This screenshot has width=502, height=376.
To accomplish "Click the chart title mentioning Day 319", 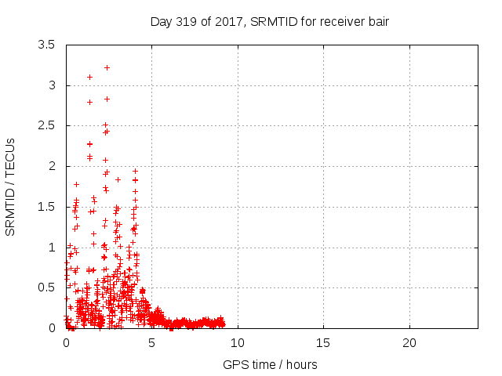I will coord(270,22).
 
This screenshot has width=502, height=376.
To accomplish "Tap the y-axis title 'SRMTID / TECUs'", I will coord(11,186).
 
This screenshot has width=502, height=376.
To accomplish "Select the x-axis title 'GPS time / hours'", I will coord(270,364).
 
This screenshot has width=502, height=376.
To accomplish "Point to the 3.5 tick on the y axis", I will coord(47,45).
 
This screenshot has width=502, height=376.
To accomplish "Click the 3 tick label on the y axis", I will coord(52,85).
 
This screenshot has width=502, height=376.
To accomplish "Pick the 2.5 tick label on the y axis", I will coord(47,125).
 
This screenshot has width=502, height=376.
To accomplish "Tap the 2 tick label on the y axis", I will coord(52,166).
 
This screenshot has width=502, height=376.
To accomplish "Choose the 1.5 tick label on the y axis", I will coord(47,207).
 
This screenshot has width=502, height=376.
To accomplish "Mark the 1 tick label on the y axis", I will coord(52,247).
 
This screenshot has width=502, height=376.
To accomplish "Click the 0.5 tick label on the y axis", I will coord(47,287).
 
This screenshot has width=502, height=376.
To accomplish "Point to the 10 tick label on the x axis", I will coord(237,343).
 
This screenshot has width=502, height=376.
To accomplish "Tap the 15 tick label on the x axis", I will coord(322,343).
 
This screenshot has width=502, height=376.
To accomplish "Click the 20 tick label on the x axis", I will coord(408,343).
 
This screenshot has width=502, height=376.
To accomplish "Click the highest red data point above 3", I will coord(107,67).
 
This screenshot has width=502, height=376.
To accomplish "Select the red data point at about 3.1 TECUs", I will coord(90,77).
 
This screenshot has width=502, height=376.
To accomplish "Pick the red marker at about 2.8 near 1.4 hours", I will coord(90,102).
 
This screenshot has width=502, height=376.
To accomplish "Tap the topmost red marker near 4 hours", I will coord(135,171).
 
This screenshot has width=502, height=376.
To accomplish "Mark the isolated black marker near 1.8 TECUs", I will coord(76,184).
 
